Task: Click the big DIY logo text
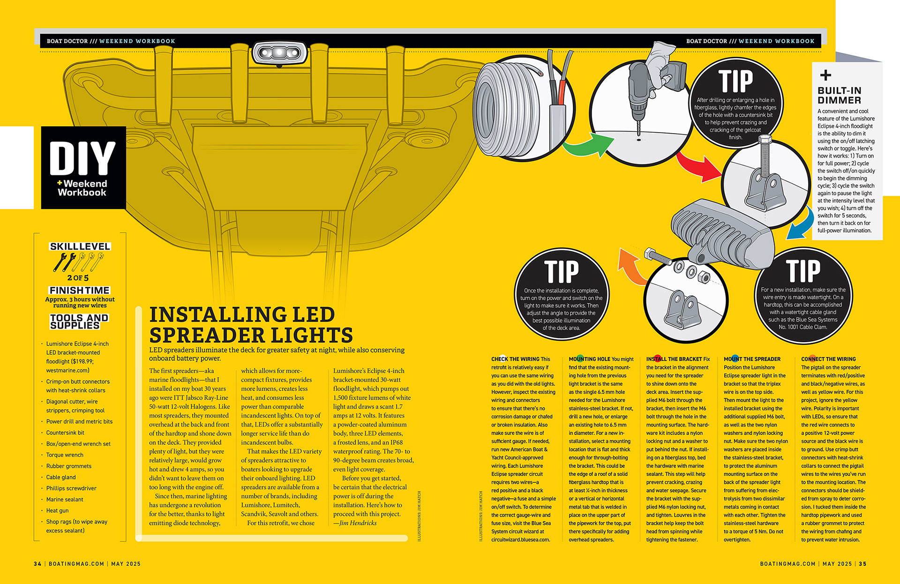(x=82, y=158)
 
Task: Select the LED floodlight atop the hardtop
(x=279, y=53)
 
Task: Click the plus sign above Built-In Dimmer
(x=825, y=75)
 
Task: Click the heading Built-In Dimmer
(x=839, y=95)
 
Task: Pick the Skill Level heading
(x=80, y=247)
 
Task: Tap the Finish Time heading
(x=80, y=290)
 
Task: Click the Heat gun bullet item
(x=58, y=510)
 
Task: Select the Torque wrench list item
(x=65, y=455)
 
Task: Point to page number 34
(x=37, y=564)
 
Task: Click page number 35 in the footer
(x=862, y=564)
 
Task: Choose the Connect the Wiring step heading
(x=828, y=359)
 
